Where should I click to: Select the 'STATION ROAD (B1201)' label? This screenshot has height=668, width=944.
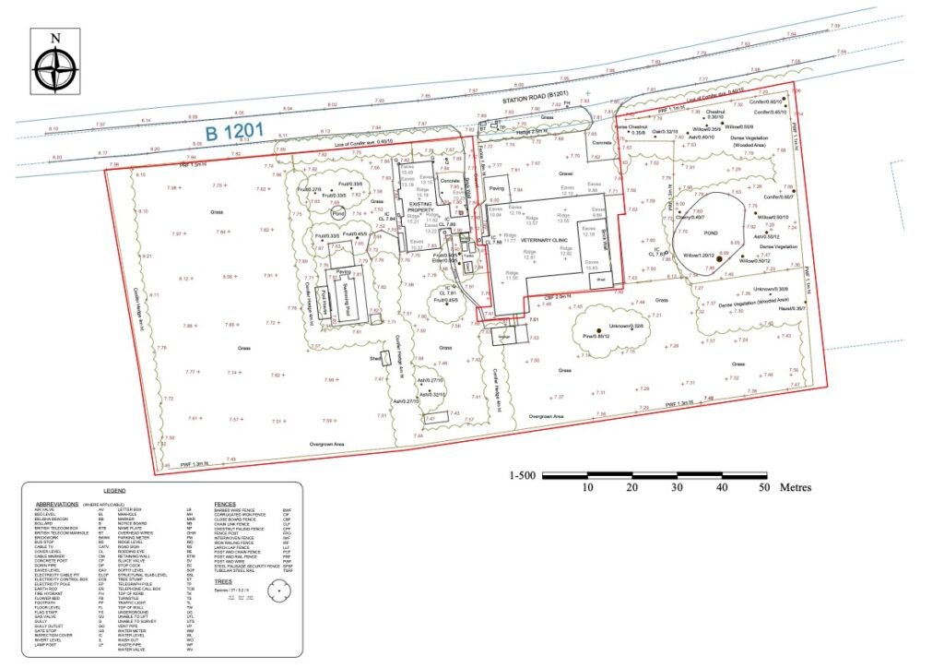coord(535,96)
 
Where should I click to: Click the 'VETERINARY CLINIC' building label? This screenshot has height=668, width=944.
coord(548,237)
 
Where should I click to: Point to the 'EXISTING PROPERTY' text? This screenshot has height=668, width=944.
coord(420,210)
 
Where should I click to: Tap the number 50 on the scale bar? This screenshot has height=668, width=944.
coord(762,487)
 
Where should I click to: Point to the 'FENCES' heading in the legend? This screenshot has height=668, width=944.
coord(225,504)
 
